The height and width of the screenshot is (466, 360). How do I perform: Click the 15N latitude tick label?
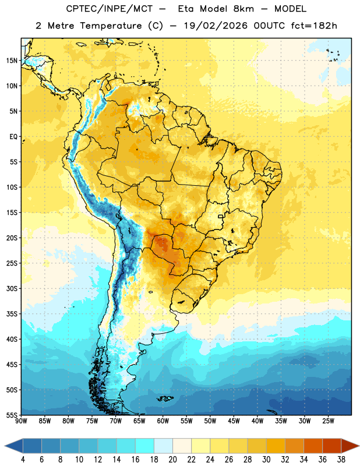12,61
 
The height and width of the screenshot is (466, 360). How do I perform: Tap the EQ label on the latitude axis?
13,137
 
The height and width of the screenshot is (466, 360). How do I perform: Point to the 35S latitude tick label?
12,314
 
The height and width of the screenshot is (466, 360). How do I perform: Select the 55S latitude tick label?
12,415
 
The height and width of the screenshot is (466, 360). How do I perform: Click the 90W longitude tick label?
22,421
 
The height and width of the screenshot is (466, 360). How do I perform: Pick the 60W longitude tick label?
163,421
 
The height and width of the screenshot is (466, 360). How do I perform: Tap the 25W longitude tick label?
328,421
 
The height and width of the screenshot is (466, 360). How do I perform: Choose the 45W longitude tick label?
234,421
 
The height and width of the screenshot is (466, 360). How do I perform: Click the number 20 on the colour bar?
172,460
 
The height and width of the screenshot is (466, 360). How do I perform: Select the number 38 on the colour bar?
341,460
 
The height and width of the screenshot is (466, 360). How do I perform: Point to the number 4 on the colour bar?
23,460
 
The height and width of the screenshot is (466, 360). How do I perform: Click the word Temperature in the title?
111,26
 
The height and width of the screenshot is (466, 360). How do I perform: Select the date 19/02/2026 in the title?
216,26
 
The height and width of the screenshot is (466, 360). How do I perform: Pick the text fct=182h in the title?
314,26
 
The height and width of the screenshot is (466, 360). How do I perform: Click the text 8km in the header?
243,9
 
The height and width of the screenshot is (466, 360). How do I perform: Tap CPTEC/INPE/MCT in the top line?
110,9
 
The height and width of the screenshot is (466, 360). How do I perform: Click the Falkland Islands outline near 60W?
165,398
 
